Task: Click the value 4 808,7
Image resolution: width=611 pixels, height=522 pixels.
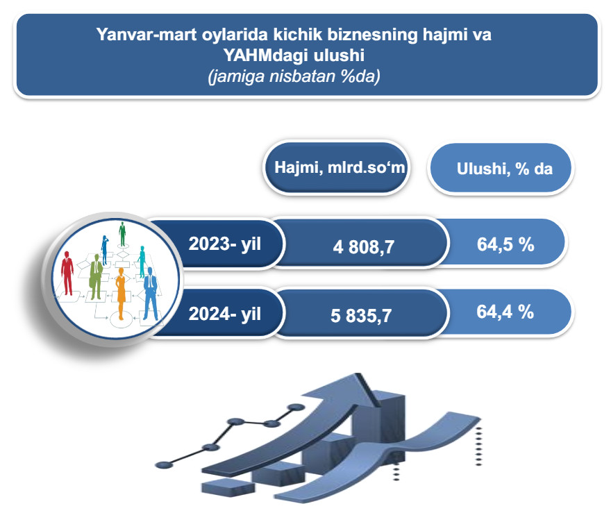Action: [x=364, y=247]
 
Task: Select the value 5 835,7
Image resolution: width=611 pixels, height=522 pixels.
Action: [x=361, y=316]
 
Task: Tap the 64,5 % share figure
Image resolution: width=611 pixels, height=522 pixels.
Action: [x=505, y=244]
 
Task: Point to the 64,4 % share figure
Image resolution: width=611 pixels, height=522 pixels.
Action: [x=505, y=312]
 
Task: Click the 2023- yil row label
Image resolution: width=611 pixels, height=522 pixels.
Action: [x=225, y=244]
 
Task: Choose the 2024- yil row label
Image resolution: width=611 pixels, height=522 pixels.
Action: [x=225, y=314]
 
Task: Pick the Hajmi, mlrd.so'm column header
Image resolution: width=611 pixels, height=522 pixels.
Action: [x=340, y=167]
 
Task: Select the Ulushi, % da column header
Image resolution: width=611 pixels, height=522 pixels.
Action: [x=505, y=169]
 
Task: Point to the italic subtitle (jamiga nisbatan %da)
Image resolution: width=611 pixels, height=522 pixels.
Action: [x=294, y=76]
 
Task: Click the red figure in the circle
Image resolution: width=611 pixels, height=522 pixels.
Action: [x=67, y=273]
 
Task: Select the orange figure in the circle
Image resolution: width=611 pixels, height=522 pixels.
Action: [x=121, y=294]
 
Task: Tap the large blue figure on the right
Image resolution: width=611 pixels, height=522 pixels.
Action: [x=151, y=294]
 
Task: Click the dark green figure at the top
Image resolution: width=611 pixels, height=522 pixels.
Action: [x=122, y=234]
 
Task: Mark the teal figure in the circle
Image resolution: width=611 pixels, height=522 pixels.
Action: [x=142, y=262]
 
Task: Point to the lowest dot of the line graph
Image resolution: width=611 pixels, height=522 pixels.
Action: [x=164, y=464]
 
